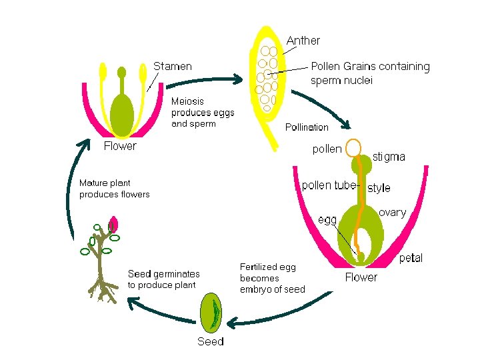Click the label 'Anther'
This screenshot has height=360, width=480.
click(x=303, y=41)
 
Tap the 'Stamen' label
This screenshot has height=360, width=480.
click(x=173, y=66)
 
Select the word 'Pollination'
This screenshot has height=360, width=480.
click(x=307, y=127)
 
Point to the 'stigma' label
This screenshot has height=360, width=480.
click(x=389, y=157)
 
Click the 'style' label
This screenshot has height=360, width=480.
click(x=379, y=188)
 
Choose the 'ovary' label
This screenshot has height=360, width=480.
click(x=392, y=212)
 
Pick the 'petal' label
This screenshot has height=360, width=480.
click(x=411, y=258)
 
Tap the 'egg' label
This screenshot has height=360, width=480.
click(x=327, y=219)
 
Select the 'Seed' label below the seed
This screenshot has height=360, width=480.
click(x=211, y=341)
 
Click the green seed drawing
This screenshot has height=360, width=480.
click(x=212, y=313)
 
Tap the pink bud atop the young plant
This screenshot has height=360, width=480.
click(x=113, y=224)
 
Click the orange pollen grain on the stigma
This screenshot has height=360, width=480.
click(x=353, y=147)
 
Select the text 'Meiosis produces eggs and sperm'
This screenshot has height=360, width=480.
click(x=203, y=112)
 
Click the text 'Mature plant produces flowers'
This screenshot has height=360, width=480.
click(x=114, y=189)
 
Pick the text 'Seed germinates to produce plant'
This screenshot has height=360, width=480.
click(x=163, y=279)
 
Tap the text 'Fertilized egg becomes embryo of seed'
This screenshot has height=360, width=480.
click(x=272, y=278)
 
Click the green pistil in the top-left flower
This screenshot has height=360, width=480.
click(x=121, y=107)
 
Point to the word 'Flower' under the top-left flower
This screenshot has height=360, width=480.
click(x=120, y=146)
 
